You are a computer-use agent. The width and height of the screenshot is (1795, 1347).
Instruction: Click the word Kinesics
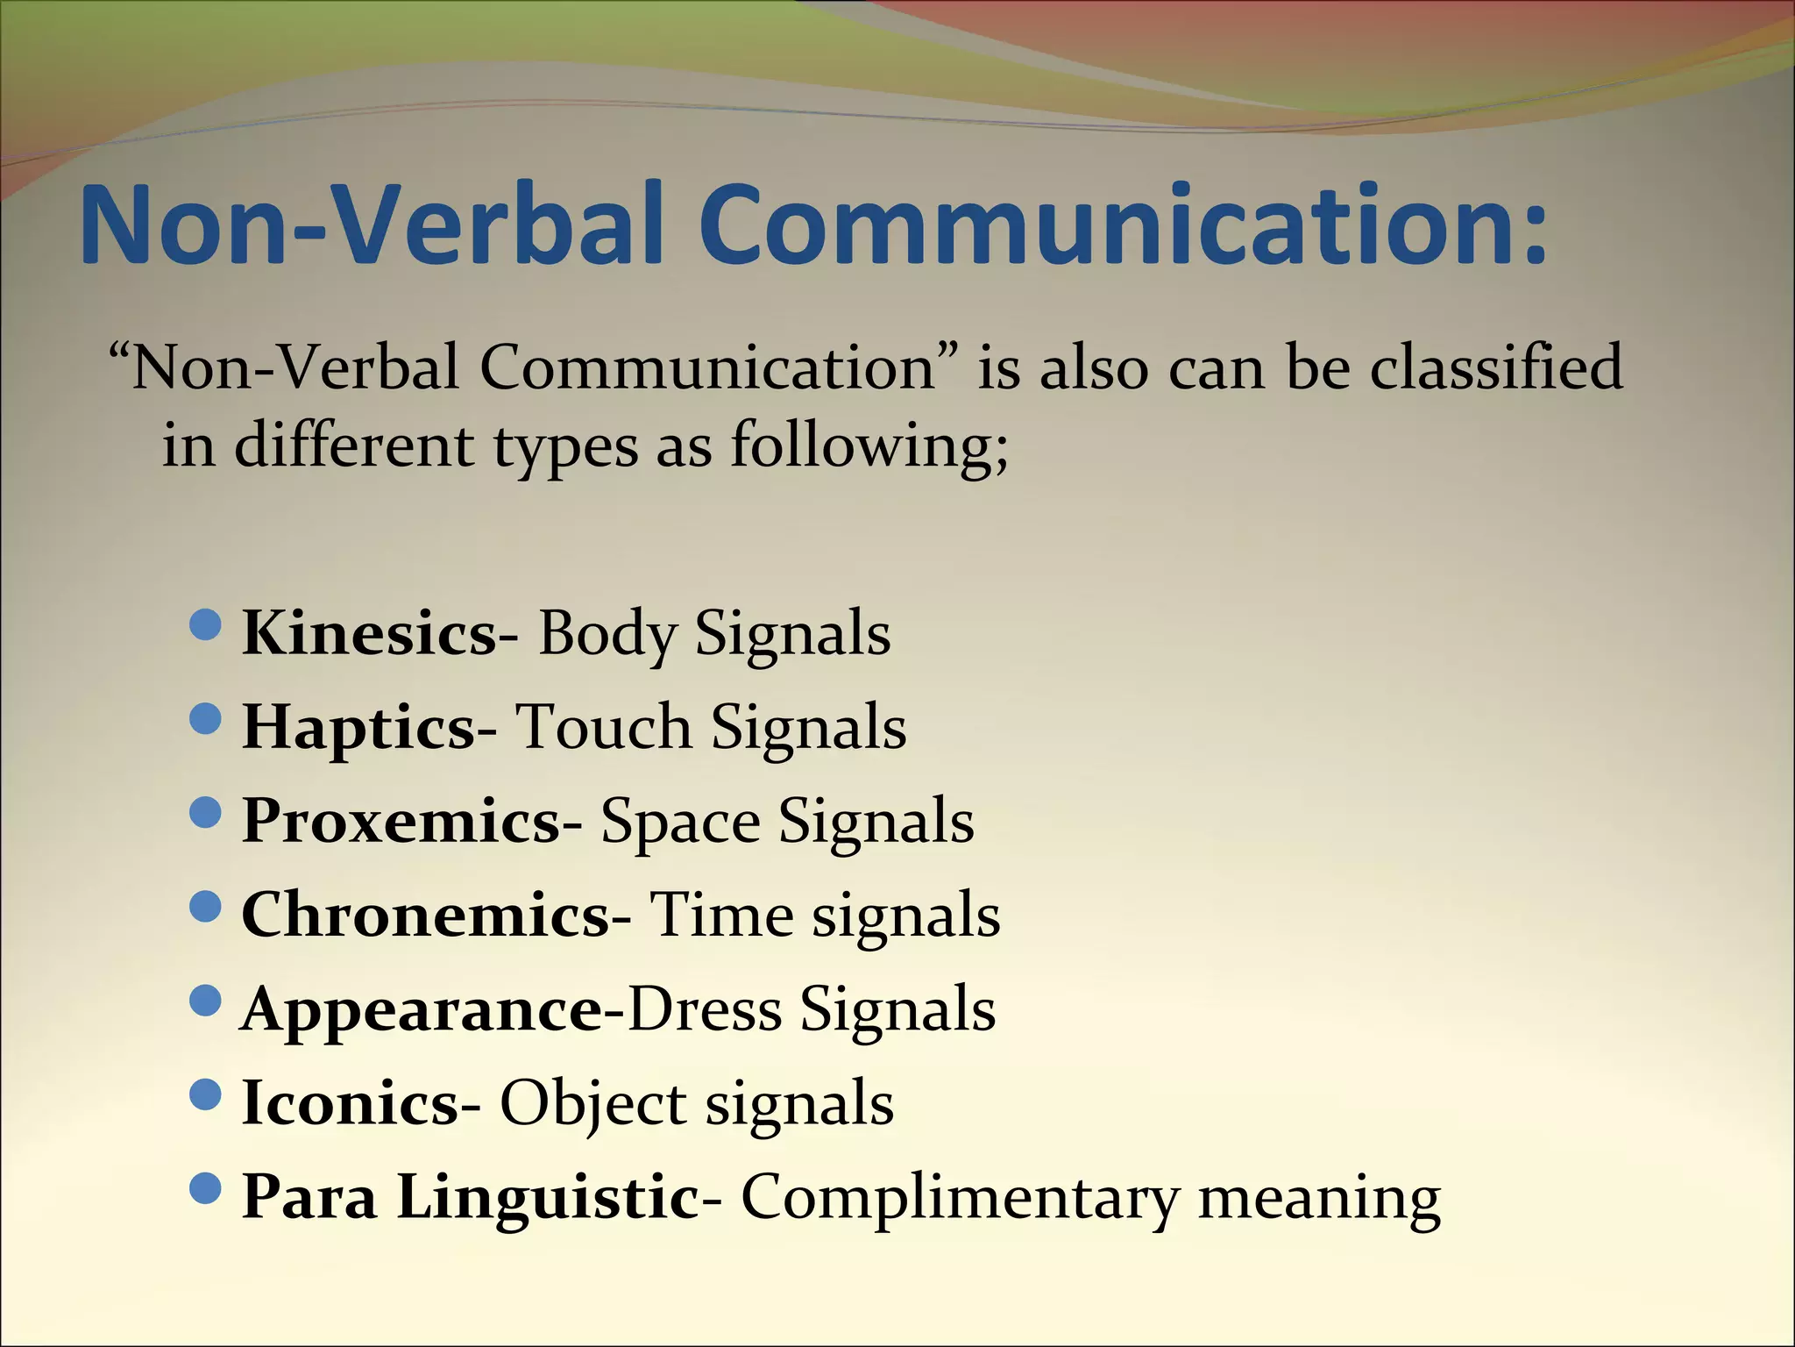tap(368, 633)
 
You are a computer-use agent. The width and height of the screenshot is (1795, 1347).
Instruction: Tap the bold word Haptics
tap(358, 728)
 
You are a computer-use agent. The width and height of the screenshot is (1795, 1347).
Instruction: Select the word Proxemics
tap(400, 822)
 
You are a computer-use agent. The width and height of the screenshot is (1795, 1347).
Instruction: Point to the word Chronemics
tap(424, 916)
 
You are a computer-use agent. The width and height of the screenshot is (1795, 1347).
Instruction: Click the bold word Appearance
tap(421, 1010)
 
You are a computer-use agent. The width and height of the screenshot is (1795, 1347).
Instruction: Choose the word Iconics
tap(349, 1103)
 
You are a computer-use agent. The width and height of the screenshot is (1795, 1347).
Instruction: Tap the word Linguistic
tap(547, 1198)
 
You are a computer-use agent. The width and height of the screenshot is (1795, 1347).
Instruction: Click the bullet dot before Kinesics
tap(205, 626)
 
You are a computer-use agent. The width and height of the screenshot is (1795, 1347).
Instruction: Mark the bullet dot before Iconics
tap(205, 1096)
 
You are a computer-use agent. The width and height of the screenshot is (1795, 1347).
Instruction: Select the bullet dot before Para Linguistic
tap(205, 1190)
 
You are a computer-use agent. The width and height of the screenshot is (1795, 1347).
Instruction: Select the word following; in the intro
tap(869, 445)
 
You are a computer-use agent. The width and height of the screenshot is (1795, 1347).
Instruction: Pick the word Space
tap(679, 822)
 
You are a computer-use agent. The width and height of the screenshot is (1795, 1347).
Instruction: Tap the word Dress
tap(704, 1010)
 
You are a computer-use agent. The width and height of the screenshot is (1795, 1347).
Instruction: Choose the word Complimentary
tap(959, 1198)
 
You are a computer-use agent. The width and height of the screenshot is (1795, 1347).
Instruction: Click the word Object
tap(592, 1103)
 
